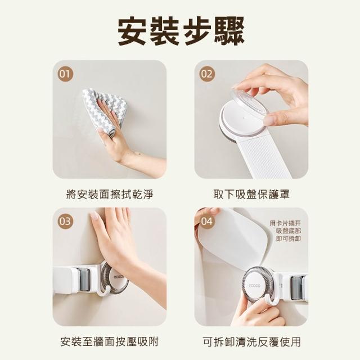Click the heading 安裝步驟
181,31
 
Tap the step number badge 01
65,74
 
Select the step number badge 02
207,74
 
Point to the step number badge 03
65,221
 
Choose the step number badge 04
207,221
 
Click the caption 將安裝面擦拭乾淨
110,195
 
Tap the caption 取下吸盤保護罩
251,195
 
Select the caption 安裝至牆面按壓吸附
110,341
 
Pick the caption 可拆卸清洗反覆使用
251,341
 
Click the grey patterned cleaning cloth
105,110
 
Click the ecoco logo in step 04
254,286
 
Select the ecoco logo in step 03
119,277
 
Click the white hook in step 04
272,303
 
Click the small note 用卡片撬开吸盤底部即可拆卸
285,231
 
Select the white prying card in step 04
232,244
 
